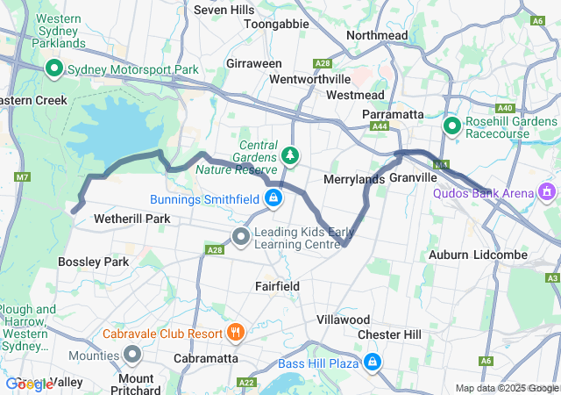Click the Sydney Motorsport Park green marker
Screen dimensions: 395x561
tap(53, 68)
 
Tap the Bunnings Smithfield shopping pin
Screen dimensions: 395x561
tap(274, 198)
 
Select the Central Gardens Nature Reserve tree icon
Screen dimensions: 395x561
tap(290, 156)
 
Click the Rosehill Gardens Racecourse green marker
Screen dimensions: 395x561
tap(452, 127)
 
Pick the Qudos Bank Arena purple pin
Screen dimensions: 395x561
tap(549, 190)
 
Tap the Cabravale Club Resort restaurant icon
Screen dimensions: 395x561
tap(234, 333)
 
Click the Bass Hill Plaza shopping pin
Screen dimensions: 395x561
tap(373, 361)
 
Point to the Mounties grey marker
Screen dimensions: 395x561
tap(133, 355)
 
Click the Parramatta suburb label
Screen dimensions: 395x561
tap(394, 114)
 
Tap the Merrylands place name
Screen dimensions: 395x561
tap(354, 179)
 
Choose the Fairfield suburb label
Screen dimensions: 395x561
tap(277, 286)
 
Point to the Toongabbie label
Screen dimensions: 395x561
tap(276, 25)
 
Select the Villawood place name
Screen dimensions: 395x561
tap(343, 320)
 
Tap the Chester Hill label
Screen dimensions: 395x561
tap(389, 334)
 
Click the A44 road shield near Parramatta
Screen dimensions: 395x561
tap(380, 127)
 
